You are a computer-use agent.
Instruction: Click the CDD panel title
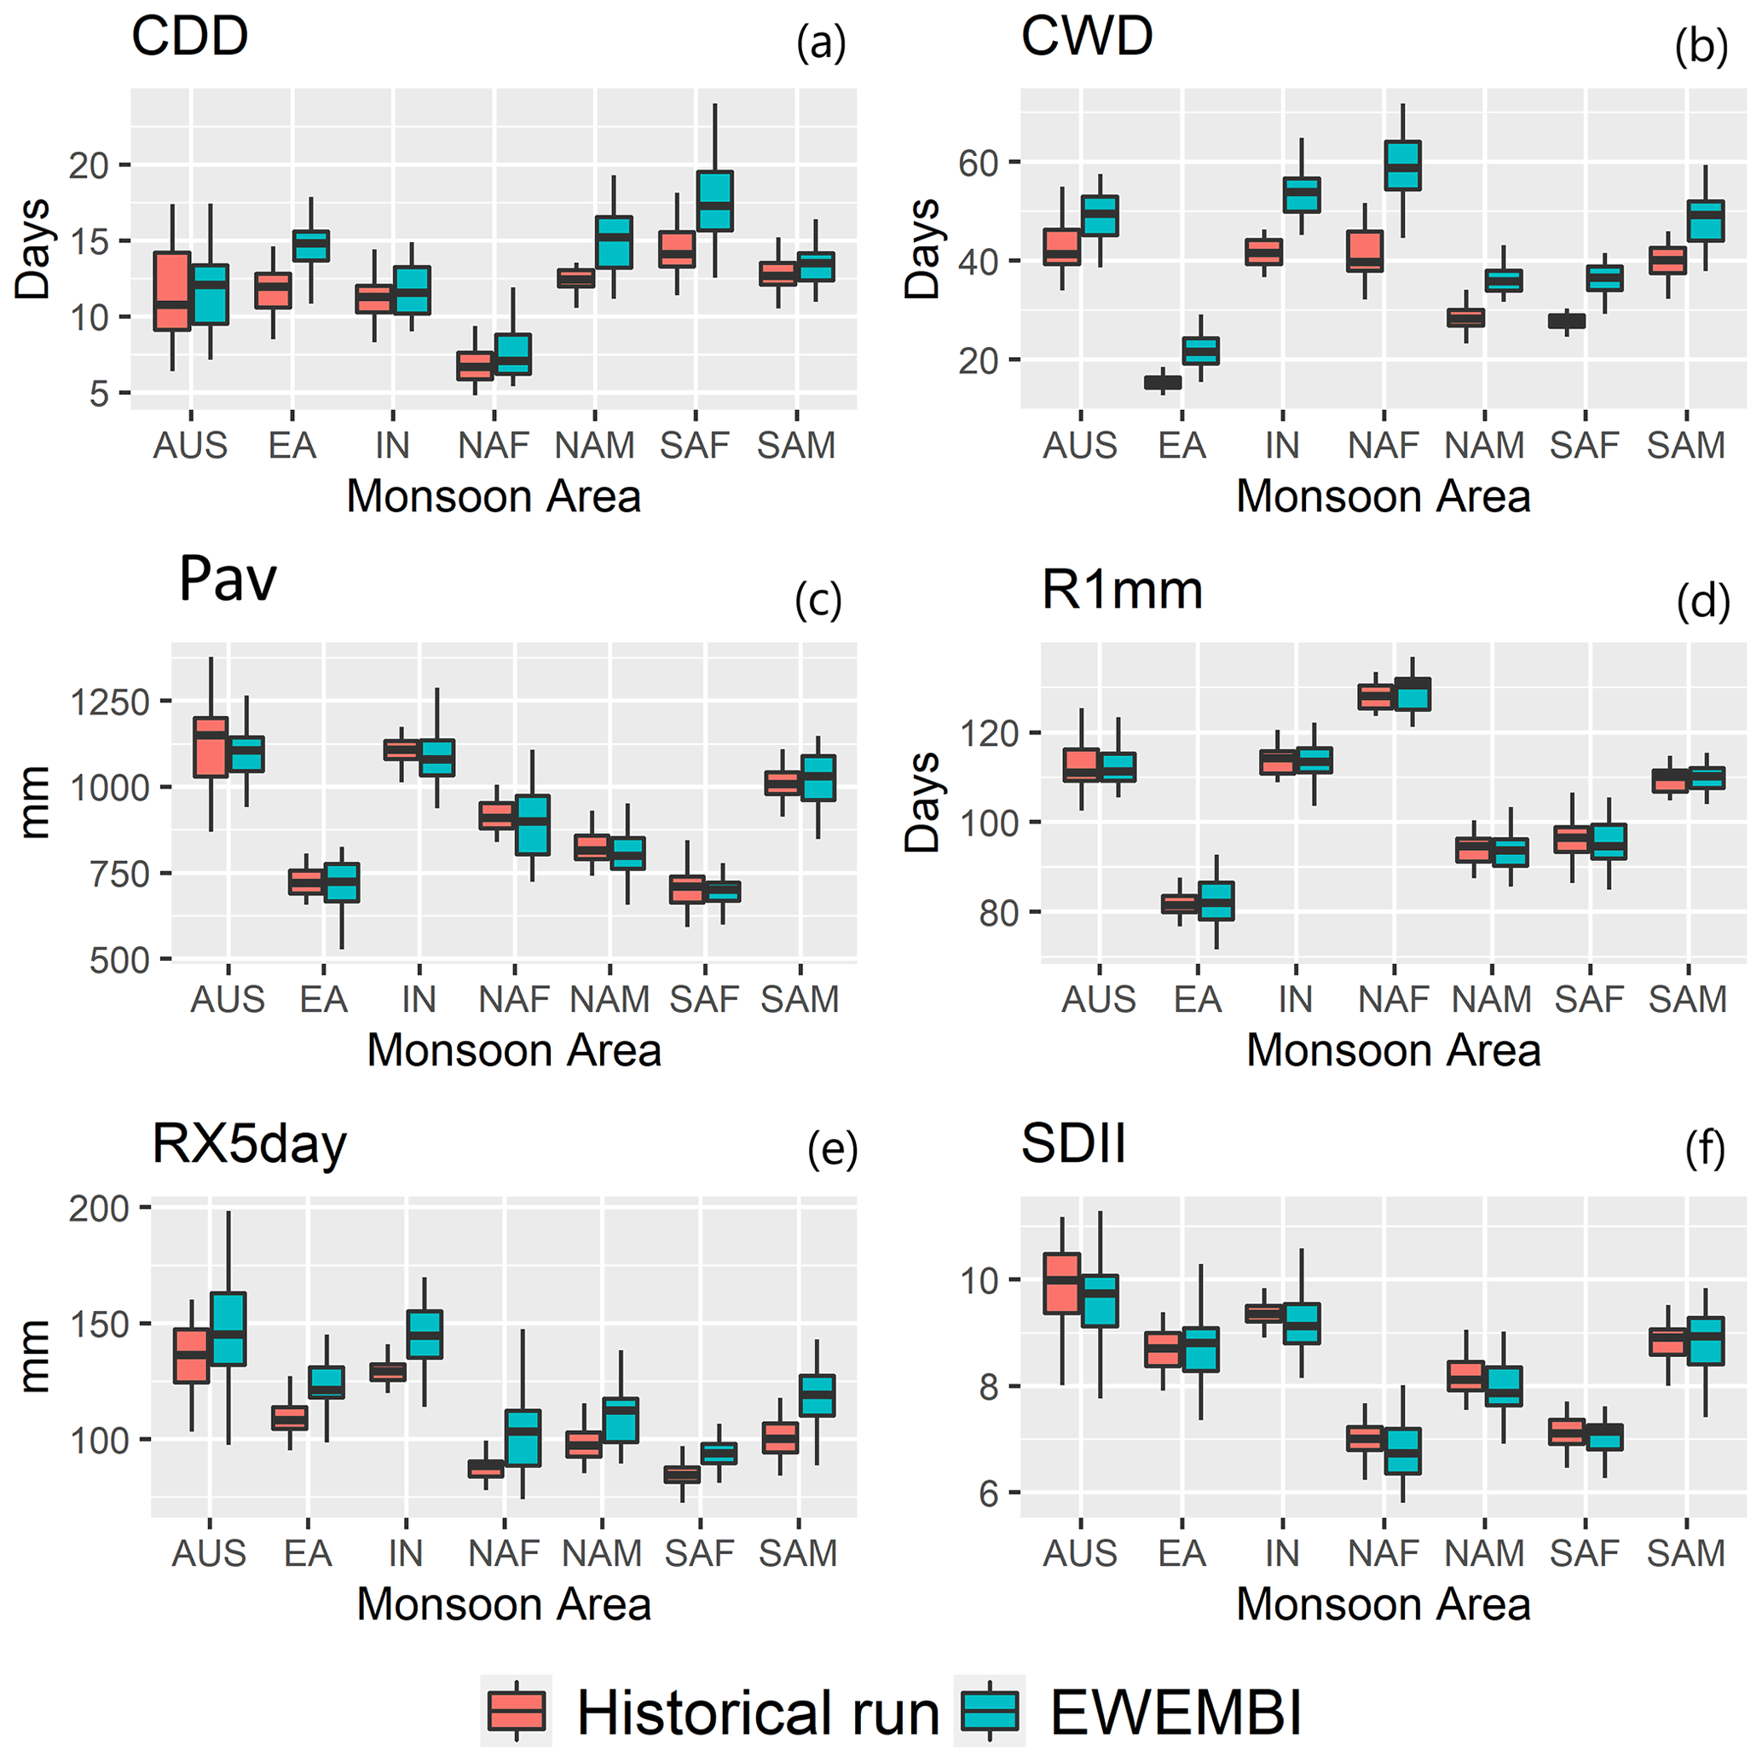(x=190, y=37)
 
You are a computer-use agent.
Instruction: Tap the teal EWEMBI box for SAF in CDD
(x=715, y=200)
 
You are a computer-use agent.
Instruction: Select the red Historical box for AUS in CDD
(x=171, y=291)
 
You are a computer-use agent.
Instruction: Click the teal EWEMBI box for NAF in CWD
(x=1402, y=165)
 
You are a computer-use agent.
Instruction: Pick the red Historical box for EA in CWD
(x=1163, y=382)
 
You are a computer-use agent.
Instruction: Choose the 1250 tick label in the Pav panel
(x=109, y=702)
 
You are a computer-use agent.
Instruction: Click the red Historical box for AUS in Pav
(x=211, y=747)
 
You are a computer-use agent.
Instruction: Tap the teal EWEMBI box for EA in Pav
(x=342, y=882)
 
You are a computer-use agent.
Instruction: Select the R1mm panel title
(x=1122, y=590)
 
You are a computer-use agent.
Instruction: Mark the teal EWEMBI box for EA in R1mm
(x=1216, y=900)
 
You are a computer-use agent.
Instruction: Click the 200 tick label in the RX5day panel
(x=99, y=1210)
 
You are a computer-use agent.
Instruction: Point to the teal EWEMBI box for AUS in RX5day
(x=228, y=1329)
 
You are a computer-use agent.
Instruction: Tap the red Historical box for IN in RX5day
(x=388, y=1372)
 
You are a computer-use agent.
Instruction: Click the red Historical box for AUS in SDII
(x=1061, y=1283)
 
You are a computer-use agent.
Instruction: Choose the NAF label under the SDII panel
(x=1384, y=1552)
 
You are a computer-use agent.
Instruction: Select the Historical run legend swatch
(x=517, y=1711)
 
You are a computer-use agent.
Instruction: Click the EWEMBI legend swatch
(x=990, y=1711)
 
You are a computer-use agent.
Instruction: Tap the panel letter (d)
(x=1702, y=603)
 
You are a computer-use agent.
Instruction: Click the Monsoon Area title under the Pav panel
(x=513, y=1049)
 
